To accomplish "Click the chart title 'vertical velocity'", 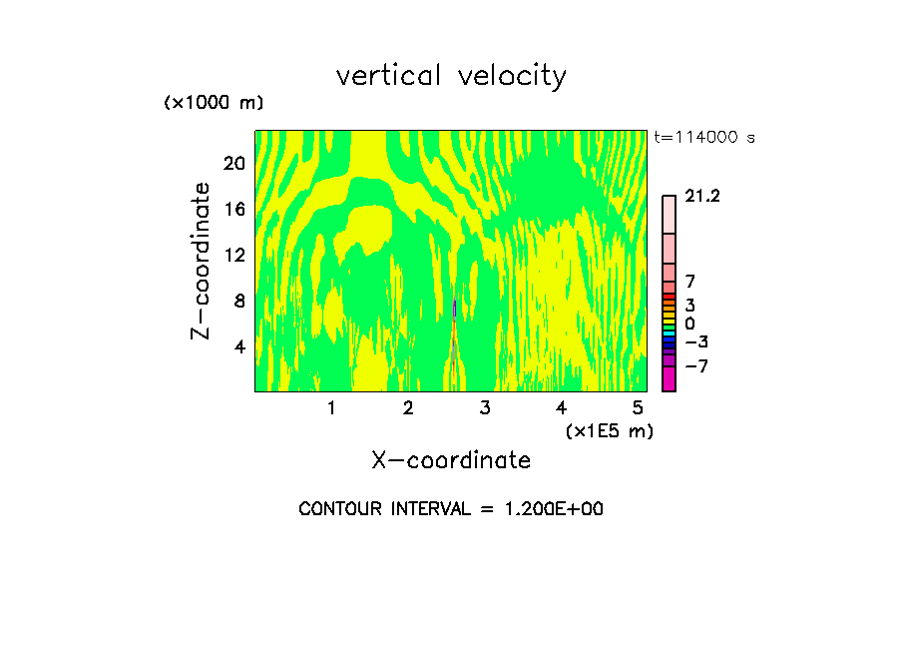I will (x=451, y=76).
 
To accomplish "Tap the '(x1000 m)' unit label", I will (x=213, y=104).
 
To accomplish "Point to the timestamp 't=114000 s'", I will (x=703, y=138).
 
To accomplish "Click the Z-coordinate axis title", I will (x=202, y=261).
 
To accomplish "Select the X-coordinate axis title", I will (x=451, y=460).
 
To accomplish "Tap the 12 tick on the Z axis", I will (x=232, y=255).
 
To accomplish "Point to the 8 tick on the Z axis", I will (x=238, y=301).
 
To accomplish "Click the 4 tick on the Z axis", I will (x=238, y=346).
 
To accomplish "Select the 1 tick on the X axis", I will (x=331, y=408).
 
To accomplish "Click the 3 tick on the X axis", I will (x=485, y=408).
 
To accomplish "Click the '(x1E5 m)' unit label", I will (x=610, y=430).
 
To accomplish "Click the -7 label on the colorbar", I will (x=696, y=366).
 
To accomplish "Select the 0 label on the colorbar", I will (x=689, y=325).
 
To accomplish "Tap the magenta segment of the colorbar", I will (x=669, y=378).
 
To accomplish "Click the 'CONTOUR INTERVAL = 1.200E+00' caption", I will (x=451, y=509).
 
